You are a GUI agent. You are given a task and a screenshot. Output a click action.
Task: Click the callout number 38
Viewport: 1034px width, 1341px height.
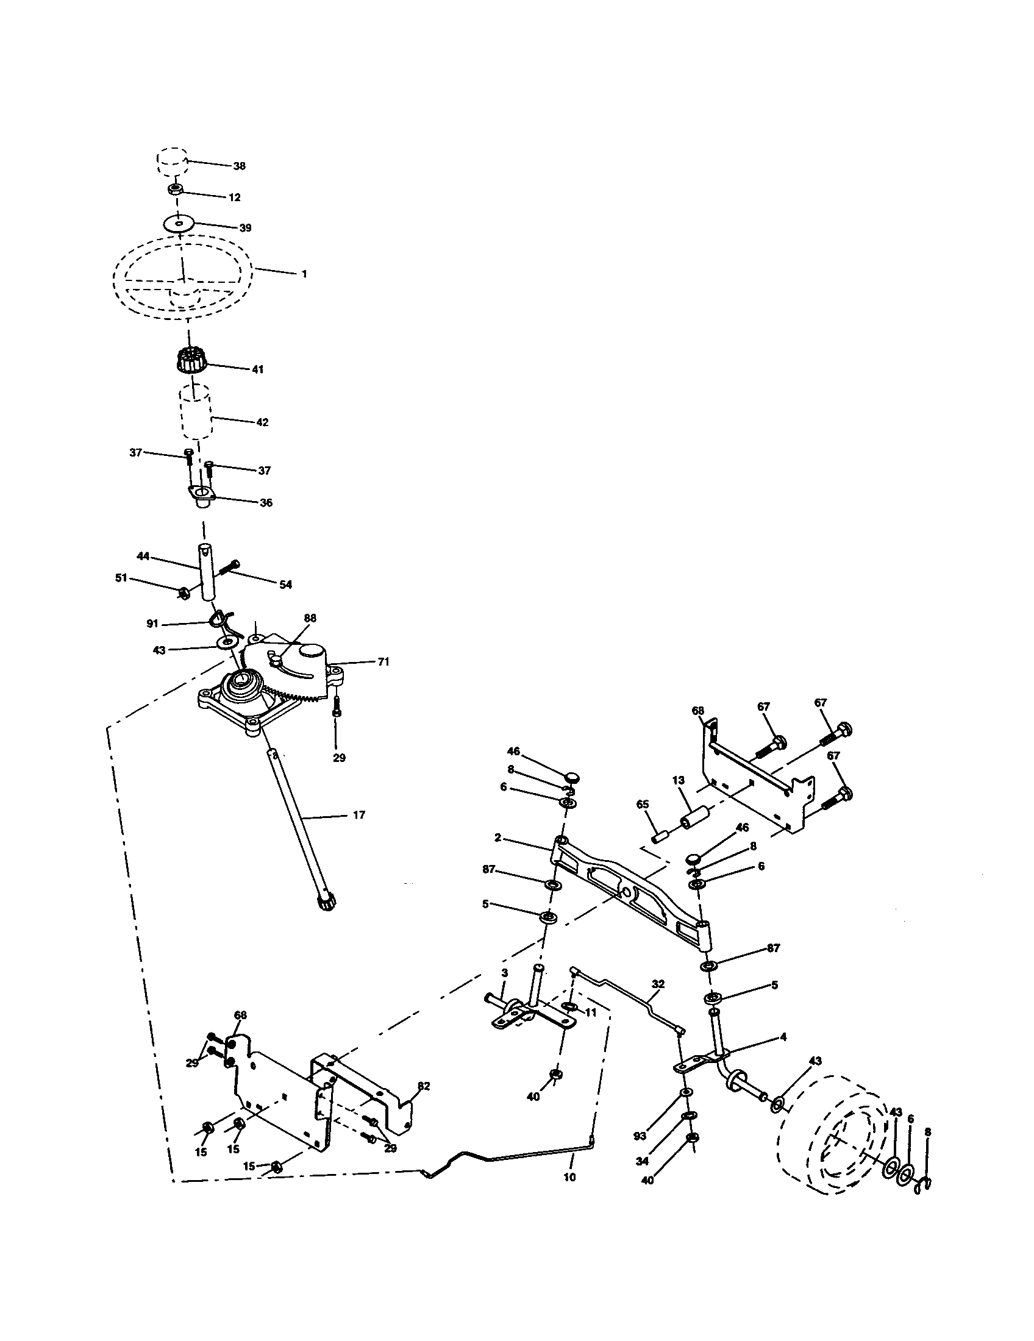[239, 166]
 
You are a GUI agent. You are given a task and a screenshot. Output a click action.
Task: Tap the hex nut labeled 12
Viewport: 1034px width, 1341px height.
[174, 189]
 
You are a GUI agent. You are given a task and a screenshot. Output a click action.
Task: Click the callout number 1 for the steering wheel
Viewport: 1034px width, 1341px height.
[304, 274]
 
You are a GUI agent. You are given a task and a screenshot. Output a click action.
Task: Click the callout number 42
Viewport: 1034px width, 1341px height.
[262, 422]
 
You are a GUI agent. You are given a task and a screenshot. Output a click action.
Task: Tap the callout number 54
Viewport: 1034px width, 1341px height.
[285, 585]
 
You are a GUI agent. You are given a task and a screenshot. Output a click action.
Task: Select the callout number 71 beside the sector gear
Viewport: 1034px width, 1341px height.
[383, 662]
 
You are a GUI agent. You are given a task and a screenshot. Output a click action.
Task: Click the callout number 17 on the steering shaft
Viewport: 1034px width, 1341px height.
[359, 815]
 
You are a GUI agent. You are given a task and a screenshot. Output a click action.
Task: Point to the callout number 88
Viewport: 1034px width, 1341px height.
[310, 618]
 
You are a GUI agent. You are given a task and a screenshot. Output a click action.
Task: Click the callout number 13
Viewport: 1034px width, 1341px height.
[678, 780]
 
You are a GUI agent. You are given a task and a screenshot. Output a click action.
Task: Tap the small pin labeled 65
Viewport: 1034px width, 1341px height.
[662, 836]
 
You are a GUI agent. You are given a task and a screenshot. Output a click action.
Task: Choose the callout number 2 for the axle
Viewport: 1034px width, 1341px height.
[498, 837]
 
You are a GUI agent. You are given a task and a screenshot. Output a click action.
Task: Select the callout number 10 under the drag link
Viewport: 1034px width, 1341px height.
[569, 1177]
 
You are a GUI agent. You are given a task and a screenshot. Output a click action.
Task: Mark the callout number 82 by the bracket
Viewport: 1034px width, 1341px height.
[424, 1086]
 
